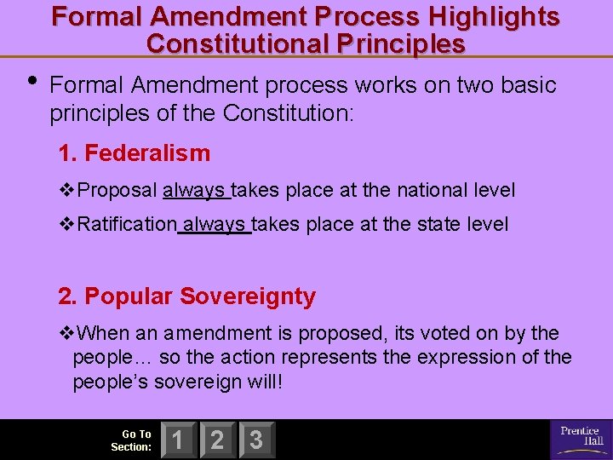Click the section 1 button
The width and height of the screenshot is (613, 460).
pyautogui.click(x=178, y=440)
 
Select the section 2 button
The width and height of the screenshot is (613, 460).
pyautogui.click(x=217, y=440)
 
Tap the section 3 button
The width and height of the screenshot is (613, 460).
pyautogui.click(x=256, y=440)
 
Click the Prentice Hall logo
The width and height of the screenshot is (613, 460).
pyautogui.click(x=581, y=439)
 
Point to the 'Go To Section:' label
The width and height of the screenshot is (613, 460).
pyautogui.click(x=132, y=440)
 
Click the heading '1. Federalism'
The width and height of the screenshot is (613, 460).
pyautogui.click(x=134, y=153)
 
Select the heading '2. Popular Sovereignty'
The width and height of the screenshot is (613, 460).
pyautogui.click(x=186, y=296)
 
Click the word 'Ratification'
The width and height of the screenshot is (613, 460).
pyautogui.click(x=127, y=225)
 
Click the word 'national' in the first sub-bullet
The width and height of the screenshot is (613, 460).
pyautogui.click(x=422, y=191)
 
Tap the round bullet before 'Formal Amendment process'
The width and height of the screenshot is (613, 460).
pyautogui.click(x=32, y=82)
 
